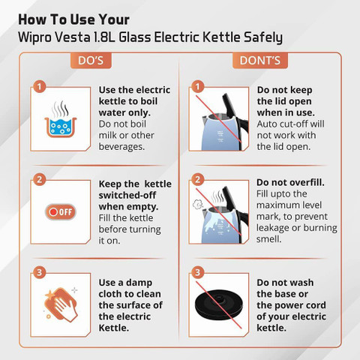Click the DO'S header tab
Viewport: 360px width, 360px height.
coord(91,61)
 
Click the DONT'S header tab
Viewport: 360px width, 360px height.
coord(260,61)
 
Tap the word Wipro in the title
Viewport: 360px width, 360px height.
coord(34,37)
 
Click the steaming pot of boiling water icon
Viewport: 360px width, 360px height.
coord(60,119)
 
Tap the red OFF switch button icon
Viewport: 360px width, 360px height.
coord(61,212)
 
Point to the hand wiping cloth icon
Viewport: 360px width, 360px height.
coord(61,304)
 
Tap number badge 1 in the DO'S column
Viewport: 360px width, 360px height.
coord(39,87)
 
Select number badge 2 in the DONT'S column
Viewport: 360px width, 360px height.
coord(198,179)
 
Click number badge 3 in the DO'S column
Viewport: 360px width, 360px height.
coord(39,272)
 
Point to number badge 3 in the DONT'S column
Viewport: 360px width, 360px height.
coord(198,272)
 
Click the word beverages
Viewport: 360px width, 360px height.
coord(121,147)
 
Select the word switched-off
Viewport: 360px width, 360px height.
coord(127,195)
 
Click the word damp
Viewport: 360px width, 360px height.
coord(139,283)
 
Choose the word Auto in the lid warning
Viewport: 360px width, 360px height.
coord(266,124)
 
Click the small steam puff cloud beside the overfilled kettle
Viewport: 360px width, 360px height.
coord(198,205)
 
